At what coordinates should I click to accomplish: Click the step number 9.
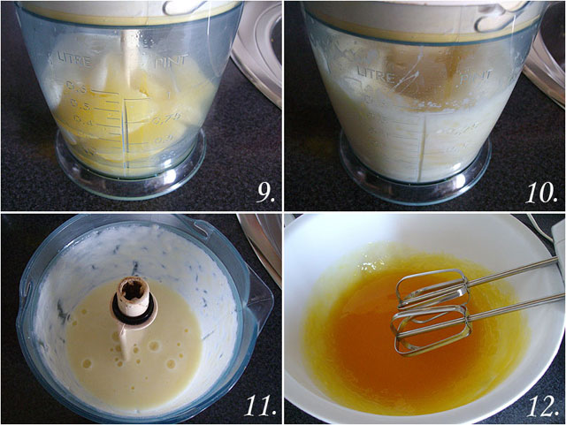[264, 193]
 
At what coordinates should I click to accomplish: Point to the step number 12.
[539, 406]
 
